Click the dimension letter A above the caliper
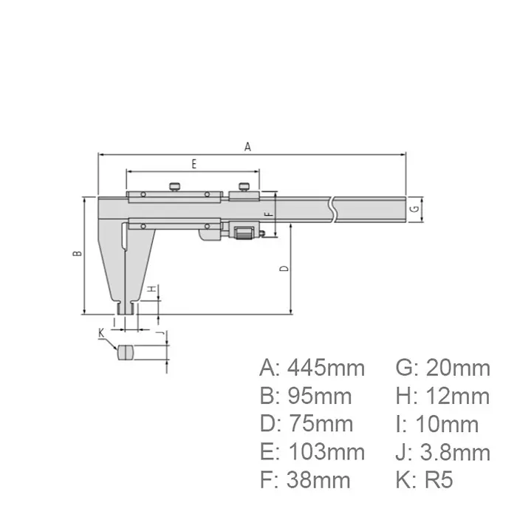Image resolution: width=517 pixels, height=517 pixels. pyautogui.click(x=248, y=147)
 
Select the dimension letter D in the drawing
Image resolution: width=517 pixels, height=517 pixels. pyautogui.click(x=284, y=269)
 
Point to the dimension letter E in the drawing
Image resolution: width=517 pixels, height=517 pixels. pyautogui.click(x=194, y=164)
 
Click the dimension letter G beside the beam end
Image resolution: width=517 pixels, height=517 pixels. pyautogui.click(x=415, y=209)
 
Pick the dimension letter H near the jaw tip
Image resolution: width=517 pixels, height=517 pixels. pyautogui.click(x=150, y=290)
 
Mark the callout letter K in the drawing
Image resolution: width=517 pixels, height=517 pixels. pyautogui.click(x=101, y=334)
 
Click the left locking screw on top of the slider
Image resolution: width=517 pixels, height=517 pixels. pyautogui.click(x=175, y=186)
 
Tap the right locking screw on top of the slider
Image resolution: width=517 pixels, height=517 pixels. pyautogui.click(x=243, y=186)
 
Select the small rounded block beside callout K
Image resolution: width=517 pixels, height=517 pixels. pyautogui.click(x=125, y=352)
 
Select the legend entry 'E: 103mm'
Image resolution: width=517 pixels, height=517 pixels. pyautogui.click(x=312, y=452)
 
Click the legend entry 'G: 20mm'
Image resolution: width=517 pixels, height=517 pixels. pyautogui.click(x=438, y=367)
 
